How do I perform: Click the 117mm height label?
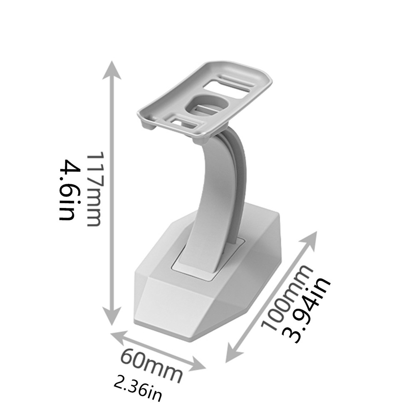94,189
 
